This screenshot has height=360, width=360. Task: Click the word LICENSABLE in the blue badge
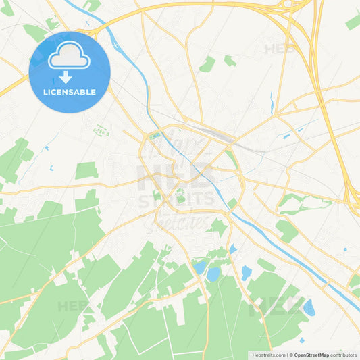(69, 91)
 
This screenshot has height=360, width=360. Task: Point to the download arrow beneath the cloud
(66, 77)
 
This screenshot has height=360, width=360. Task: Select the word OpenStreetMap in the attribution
(312, 355)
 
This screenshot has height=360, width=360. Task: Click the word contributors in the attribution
(344, 355)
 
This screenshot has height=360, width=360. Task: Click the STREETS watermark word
(179, 201)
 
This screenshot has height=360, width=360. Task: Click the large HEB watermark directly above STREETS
(179, 177)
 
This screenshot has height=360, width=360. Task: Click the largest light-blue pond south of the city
(213, 274)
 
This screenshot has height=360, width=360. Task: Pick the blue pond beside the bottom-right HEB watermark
(309, 308)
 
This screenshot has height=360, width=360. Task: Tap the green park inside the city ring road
(180, 197)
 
